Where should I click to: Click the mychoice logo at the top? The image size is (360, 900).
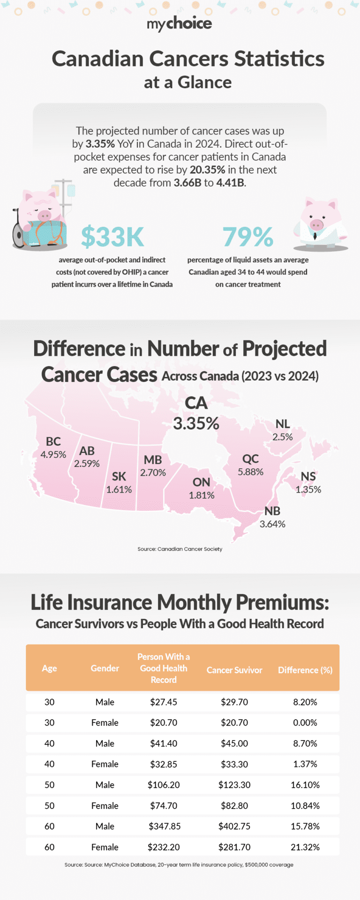180,23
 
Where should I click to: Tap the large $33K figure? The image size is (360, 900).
112,237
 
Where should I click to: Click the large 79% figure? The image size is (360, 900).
248,237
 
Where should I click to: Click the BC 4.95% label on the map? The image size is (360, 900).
53,448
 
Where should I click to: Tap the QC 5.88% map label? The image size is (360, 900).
250,465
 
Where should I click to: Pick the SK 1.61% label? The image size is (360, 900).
119,482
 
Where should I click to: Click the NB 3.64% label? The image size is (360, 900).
272,517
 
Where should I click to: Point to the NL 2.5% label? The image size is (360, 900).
283,430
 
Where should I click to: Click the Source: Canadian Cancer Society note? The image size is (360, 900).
180,549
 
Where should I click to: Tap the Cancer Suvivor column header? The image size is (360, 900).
234,670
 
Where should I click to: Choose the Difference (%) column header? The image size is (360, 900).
305,670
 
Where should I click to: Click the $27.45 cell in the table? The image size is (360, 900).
164,702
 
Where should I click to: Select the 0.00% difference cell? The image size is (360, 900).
305,722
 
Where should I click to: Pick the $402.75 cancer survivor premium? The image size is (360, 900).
234,826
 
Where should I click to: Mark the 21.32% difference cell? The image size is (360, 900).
305,847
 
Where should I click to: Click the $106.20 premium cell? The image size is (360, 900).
164,785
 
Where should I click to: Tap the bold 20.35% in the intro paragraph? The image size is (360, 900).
207,170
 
